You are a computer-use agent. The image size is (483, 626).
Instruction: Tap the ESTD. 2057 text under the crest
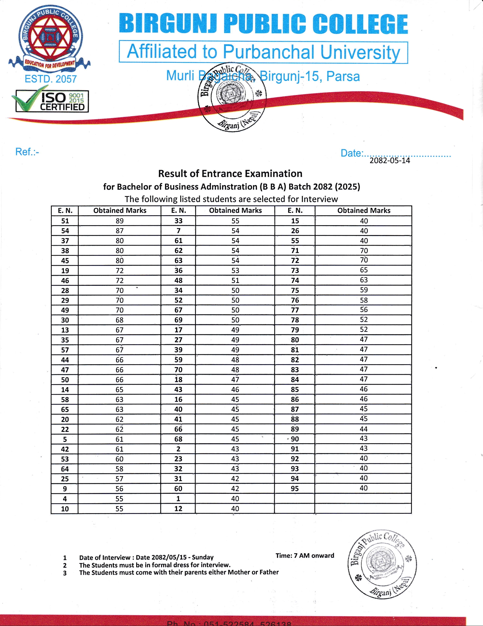coord(51,79)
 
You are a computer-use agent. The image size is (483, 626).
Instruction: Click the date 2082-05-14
coord(389,161)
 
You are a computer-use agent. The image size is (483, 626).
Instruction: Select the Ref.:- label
coord(27,152)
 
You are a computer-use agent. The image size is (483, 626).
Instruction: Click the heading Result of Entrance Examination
coord(230,174)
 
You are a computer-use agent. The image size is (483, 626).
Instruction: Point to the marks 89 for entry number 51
coord(119,221)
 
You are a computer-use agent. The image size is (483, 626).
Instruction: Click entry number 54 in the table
coord(65,231)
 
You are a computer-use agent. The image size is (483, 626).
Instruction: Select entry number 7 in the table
coord(178,231)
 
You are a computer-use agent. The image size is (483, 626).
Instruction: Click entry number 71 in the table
coord(295,250)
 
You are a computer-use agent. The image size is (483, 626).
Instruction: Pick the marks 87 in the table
coord(119,231)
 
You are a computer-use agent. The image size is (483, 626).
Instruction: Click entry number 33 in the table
coord(178,221)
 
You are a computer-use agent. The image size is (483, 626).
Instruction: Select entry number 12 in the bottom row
coord(178,509)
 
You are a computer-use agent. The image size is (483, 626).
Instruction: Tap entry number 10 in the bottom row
coord(65,509)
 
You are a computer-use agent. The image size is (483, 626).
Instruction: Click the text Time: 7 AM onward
coord(305,555)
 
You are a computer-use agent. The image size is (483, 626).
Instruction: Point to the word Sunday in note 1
coord(203,557)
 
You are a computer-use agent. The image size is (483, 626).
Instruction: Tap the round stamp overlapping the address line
coord(232,97)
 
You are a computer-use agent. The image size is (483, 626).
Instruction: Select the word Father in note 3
coord(268,572)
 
